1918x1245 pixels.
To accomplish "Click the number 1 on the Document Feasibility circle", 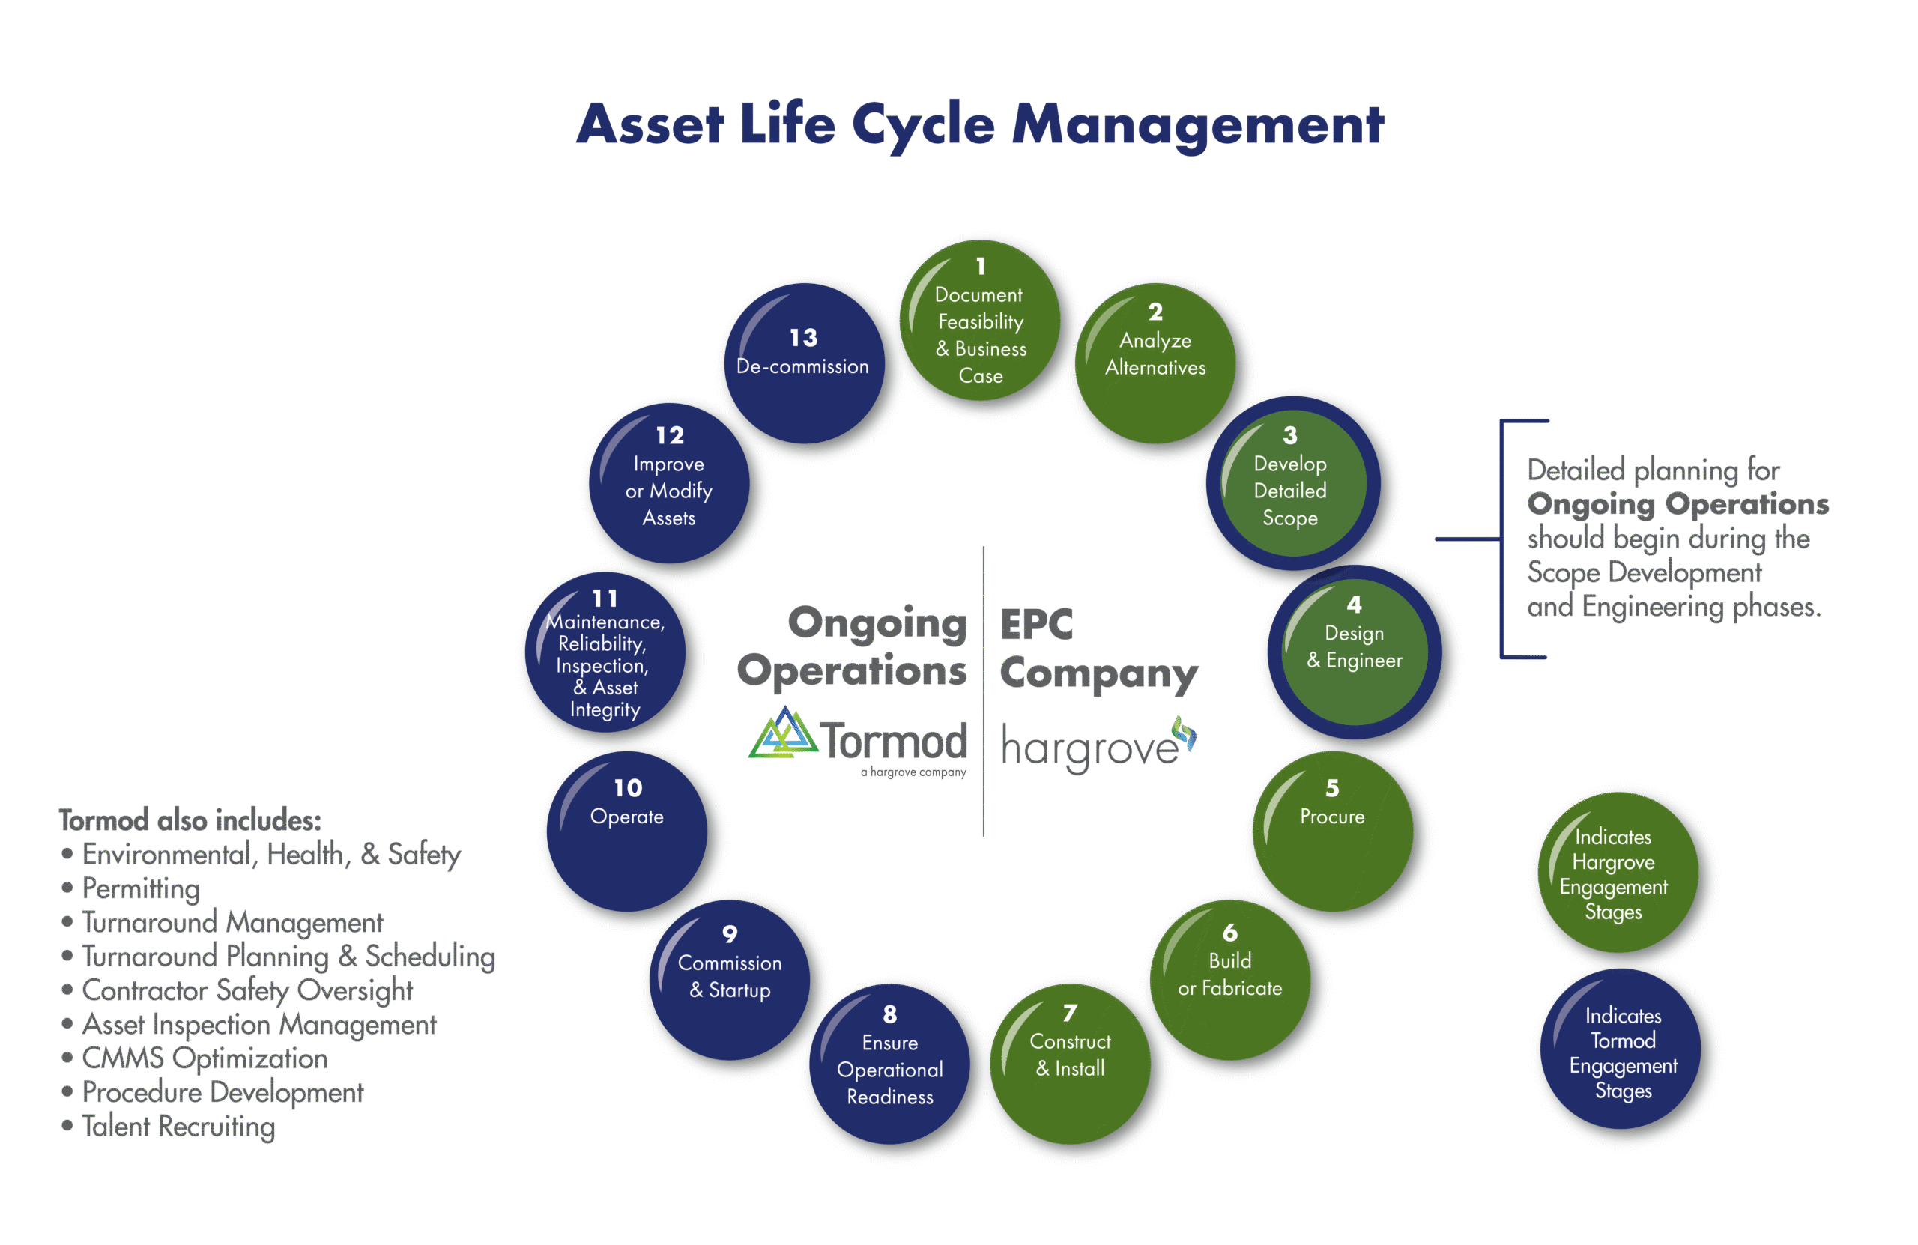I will (x=981, y=266).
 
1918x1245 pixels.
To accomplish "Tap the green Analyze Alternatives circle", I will (x=1155, y=363).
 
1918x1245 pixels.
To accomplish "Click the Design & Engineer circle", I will (x=1355, y=652).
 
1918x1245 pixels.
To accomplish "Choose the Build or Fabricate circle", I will (x=1229, y=980).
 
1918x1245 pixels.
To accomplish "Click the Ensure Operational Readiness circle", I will (x=889, y=1064).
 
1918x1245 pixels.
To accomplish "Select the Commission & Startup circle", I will (x=729, y=980).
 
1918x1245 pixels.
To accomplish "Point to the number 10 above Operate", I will (x=628, y=788).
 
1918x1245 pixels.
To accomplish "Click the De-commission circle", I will (x=803, y=363).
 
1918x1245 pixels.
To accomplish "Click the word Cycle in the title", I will (x=923, y=125).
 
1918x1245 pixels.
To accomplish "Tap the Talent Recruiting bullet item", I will (x=178, y=1126).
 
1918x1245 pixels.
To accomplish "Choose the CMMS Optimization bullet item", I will (x=205, y=1058).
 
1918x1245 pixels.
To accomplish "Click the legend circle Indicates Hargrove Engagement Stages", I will (x=1618, y=873).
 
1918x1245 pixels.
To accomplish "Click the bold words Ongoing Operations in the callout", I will (x=1677, y=503).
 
